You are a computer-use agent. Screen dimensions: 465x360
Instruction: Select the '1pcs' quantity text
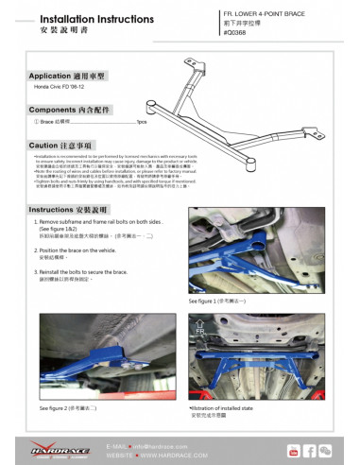(141, 122)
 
